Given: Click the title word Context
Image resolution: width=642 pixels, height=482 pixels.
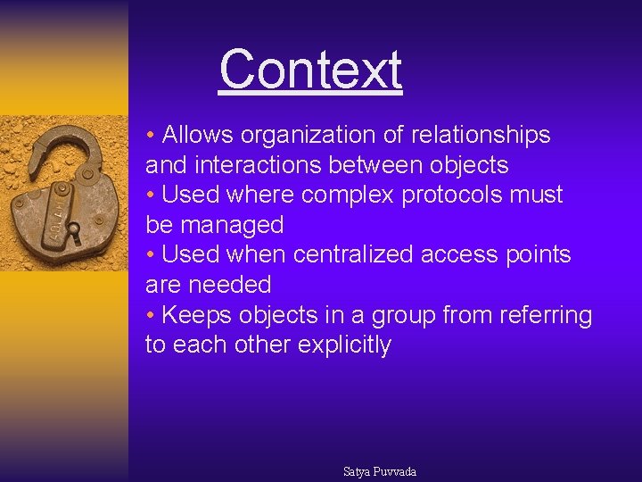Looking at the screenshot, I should click(310, 70).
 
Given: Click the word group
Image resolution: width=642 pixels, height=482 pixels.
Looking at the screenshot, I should click(402, 316).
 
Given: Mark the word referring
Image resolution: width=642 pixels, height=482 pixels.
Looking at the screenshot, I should click(547, 316).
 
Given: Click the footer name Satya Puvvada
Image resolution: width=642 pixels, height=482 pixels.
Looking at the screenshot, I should click(380, 471).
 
